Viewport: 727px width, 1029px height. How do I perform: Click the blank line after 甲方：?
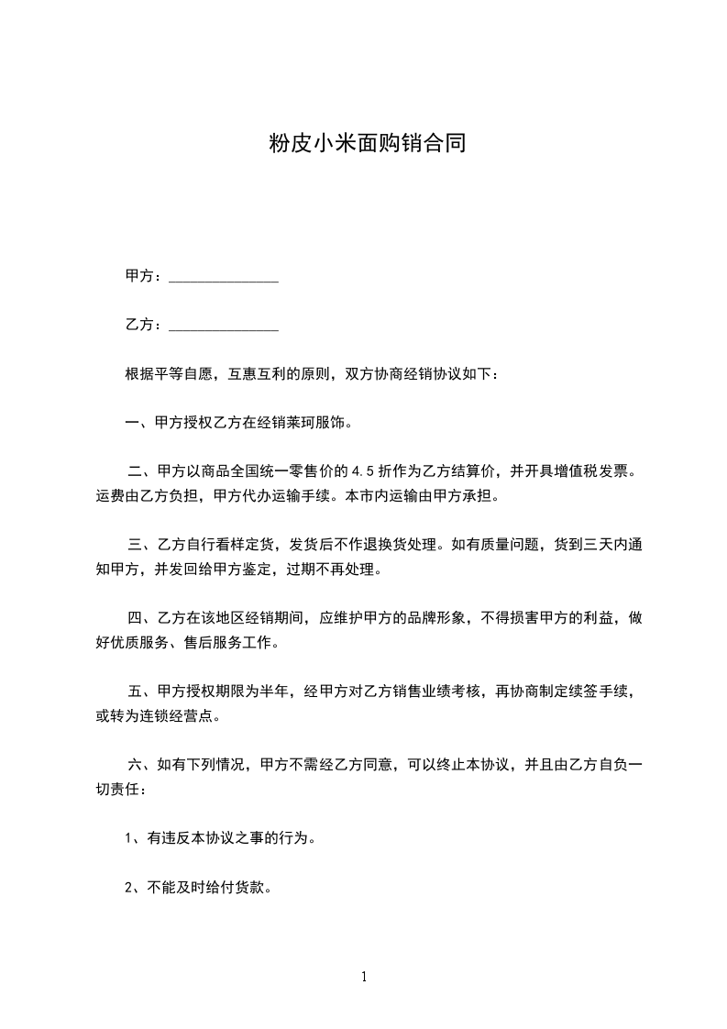(224, 278)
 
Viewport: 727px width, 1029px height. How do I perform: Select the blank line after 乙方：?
(224, 326)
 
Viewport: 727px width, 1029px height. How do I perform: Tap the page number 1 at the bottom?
(364, 977)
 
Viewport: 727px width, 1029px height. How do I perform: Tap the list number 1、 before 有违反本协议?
(131, 838)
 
